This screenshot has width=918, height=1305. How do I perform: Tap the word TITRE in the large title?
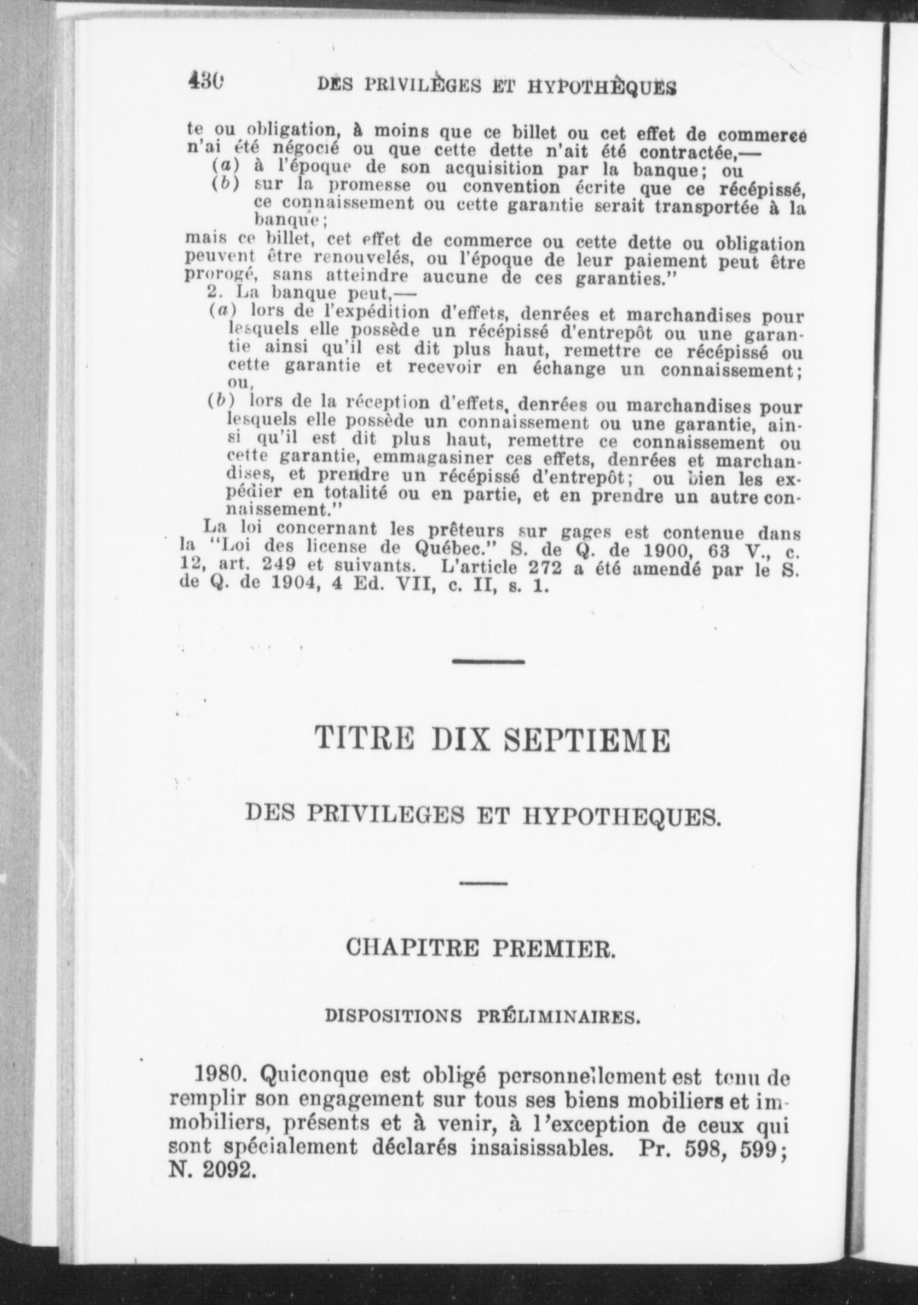(364, 739)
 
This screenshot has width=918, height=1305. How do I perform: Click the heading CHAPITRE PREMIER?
(480, 948)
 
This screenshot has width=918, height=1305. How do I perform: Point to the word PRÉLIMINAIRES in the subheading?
(558, 1016)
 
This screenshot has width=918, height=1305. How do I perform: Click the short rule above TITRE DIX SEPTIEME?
(488, 661)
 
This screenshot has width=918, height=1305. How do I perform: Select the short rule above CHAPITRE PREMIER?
(483, 883)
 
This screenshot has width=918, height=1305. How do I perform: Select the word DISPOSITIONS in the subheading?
(393, 1016)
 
